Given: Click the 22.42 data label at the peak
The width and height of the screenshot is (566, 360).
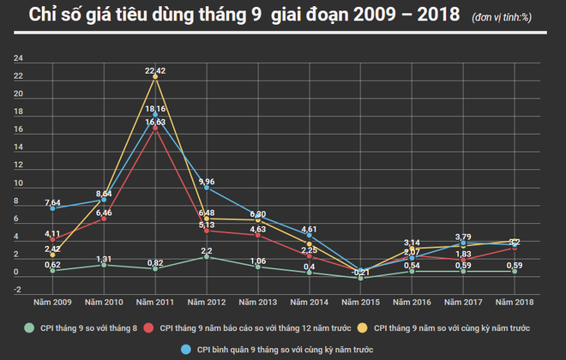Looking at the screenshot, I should coord(155,70).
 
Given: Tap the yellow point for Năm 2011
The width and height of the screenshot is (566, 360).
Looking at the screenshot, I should coord(155,76).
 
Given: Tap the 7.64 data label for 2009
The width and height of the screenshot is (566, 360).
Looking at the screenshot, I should coord(52,202).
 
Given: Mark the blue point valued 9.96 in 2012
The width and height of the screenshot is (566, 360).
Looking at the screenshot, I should coord(207,187).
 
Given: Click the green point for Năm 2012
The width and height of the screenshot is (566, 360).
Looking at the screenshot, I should coord(207,256).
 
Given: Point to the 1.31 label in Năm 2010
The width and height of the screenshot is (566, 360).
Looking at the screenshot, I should coord(104,259).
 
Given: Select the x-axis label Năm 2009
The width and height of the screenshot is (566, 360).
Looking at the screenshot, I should coord(52,302).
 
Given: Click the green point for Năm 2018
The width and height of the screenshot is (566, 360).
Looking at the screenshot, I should coord(515,271).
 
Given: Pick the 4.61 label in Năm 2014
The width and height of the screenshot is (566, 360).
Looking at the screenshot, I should coord(310,230).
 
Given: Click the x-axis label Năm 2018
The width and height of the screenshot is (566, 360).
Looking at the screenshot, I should coord(515,302).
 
